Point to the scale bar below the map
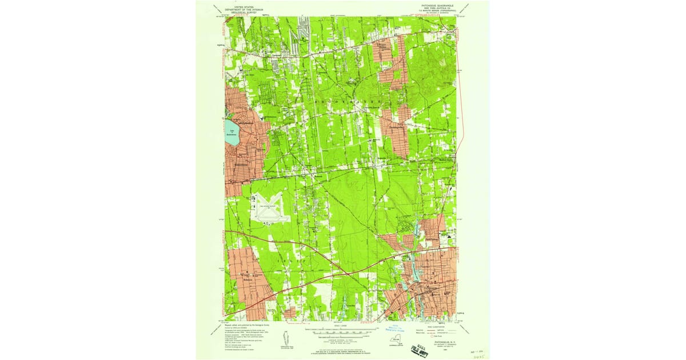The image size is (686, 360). pyautogui.click(x=342, y=330)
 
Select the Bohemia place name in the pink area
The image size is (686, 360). pyautogui.click(x=246, y=280)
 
